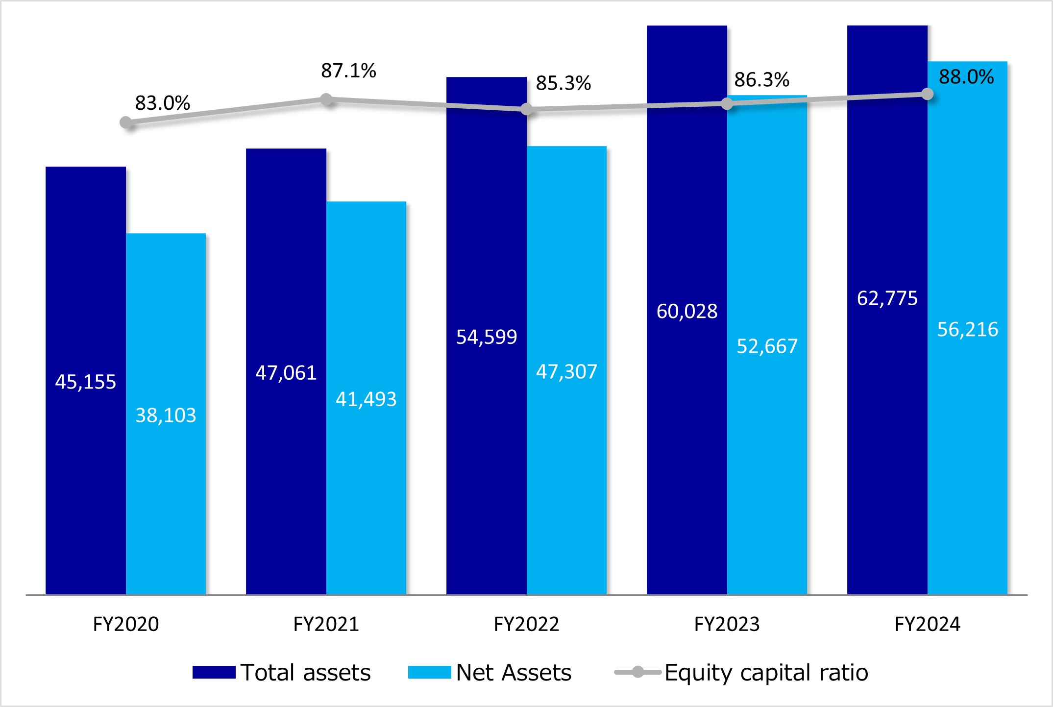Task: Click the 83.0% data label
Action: pos(163,103)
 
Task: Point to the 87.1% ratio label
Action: pos(348,71)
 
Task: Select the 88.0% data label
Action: pos(966,77)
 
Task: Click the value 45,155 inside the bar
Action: pos(86,382)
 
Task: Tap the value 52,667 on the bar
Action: pos(767,346)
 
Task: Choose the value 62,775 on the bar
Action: pos(887,298)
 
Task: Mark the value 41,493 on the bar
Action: pos(366,399)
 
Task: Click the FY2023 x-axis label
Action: pos(727,624)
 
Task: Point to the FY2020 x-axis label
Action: pos(126,624)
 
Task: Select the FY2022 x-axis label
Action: pos(526,624)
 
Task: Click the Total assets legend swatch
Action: pos(214,672)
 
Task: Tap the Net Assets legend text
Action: pos(514,672)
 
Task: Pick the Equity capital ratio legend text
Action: pos(766,672)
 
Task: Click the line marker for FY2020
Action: pos(126,122)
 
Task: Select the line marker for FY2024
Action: pos(927,94)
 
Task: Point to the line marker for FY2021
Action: pos(326,100)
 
